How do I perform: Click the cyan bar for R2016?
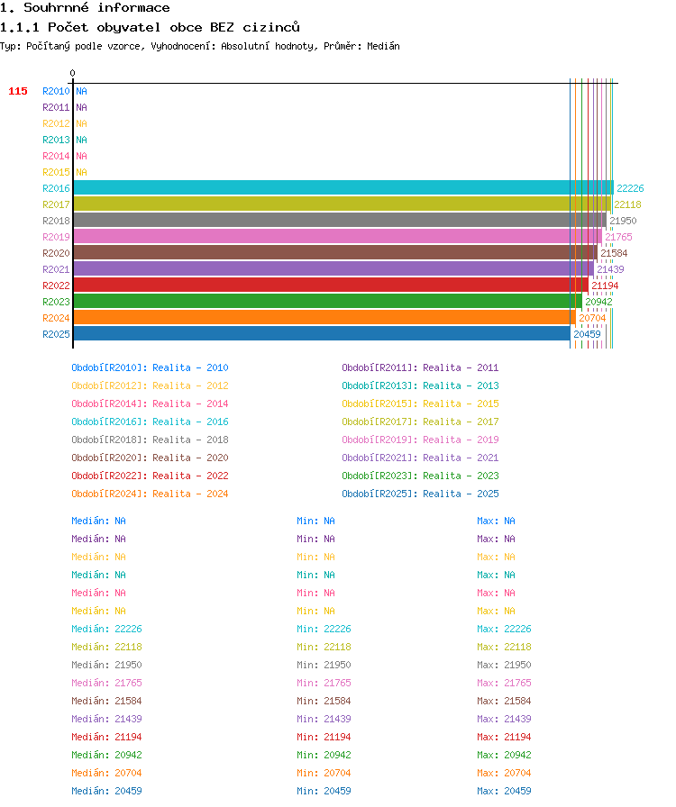coord(343,188)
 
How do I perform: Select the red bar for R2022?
coord(331,286)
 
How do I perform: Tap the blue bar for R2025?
coord(322,333)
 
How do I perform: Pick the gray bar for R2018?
coord(340,221)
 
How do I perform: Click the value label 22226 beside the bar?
coord(630,188)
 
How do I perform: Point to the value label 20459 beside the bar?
coord(587,334)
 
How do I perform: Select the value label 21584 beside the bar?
coord(614,253)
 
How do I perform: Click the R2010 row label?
coord(56,91)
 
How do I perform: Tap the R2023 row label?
coord(56,302)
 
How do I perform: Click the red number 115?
coord(18,91)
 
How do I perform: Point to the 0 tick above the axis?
coord(73,73)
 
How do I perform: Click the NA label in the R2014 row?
coord(81,156)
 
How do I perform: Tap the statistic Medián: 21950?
coord(106,665)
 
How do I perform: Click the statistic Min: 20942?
coord(324,755)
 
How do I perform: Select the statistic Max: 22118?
coord(504,647)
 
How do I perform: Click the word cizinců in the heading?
coord(271,27)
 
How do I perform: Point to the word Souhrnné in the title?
coord(56,8)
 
